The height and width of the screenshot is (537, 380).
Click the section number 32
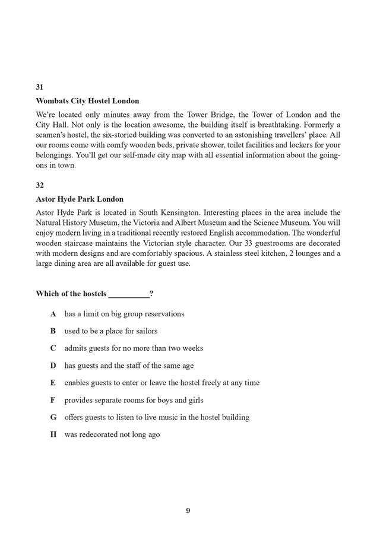(40, 185)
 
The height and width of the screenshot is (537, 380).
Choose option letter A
(53, 314)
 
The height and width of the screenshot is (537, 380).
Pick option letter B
(53, 331)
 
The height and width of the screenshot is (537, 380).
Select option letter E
(53, 383)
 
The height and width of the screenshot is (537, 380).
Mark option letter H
(53, 434)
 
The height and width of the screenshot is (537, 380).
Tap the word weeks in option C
(192, 348)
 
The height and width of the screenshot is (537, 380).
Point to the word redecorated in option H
(100, 434)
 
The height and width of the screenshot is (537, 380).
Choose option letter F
(53, 400)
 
